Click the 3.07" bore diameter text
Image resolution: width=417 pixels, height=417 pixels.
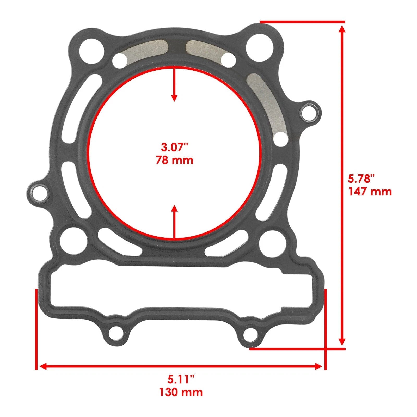[x=174, y=147]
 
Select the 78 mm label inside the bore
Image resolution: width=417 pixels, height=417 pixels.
[x=174, y=160]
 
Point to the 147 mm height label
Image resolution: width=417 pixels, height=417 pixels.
[x=370, y=192]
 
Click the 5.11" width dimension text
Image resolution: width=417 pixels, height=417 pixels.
[x=181, y=380]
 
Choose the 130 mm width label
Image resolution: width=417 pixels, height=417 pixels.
[x=181, y=392]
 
